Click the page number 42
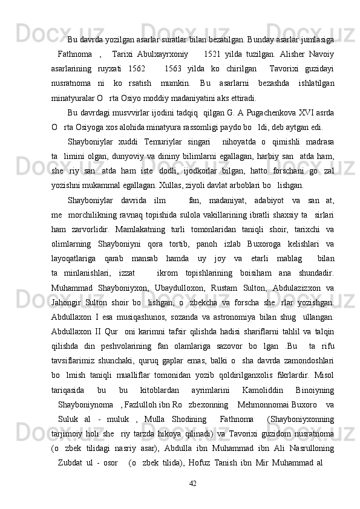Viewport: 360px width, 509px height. tap(193, 483)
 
